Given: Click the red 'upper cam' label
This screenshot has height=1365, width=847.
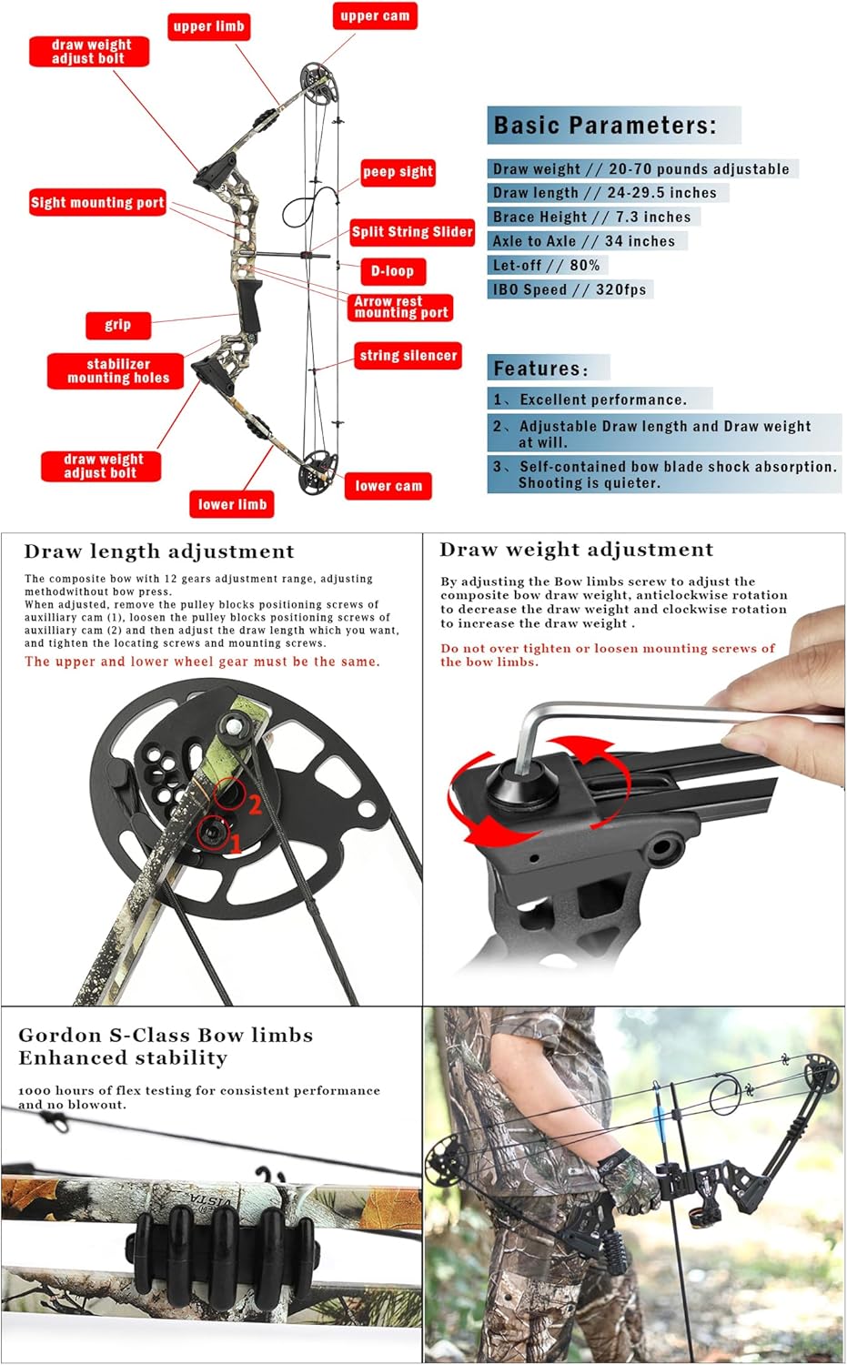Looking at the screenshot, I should click(x=374, y=16).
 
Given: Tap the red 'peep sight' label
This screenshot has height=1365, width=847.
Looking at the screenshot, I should click(x=398, y=172).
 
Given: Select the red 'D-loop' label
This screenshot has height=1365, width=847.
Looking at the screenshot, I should click(x=392, y=271).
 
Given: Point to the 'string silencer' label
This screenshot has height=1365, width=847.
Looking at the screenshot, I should click(x=408, y=356).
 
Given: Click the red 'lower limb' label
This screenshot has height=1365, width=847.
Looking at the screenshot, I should click(x=232, y=504).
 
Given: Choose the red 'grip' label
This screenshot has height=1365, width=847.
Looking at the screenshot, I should click(x=117, y=325).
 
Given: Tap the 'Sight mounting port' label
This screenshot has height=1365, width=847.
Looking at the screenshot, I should click(x=97, y=203).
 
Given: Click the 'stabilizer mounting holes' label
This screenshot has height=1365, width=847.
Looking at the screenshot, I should click(x=117, y=371).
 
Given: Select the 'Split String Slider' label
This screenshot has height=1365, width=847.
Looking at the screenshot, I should click(x=412, y=232).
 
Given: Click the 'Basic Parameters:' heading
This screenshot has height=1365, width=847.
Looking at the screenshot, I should click(x=605, y=126).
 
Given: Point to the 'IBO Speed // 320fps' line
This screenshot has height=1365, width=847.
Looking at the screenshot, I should click(x=570, y=289).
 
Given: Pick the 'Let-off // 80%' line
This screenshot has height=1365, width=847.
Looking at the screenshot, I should click(x=546, y=265).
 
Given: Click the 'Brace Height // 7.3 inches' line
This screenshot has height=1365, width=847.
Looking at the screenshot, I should click(x=591, y=217).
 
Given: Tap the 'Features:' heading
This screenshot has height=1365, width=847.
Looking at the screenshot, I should click(x=540, y=369).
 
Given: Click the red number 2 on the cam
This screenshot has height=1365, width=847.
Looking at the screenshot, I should click(x=255, y=804).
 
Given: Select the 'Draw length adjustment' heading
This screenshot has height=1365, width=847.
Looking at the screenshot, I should click(x=159, y=551).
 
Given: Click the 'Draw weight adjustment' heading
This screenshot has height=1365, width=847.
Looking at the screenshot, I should click(x=576, y=550).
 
